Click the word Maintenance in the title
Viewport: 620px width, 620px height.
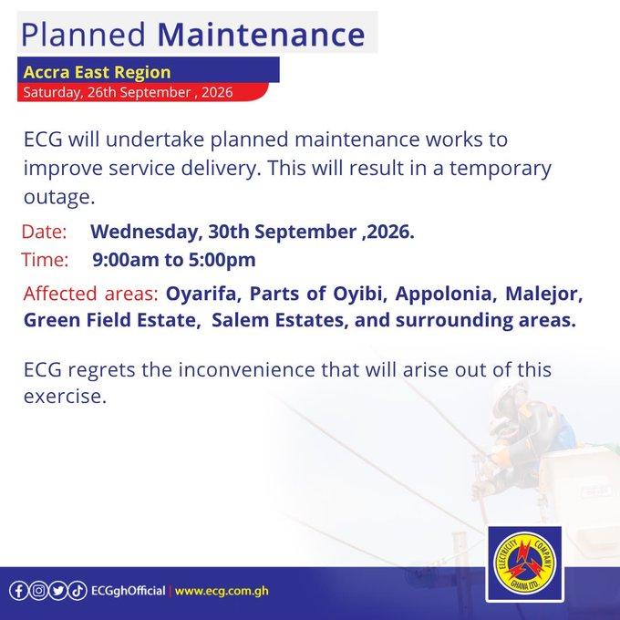(x=261, y=34)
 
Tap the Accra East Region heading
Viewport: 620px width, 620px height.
(x=97, y=72)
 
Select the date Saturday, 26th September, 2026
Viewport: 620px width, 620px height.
(x=128, y=92)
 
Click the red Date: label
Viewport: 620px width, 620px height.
(x=44, y=232)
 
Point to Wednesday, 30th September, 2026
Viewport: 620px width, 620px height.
(x=253, y=232)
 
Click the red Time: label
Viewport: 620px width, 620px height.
(x=45, y=260)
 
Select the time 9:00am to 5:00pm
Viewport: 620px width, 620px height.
(x=174, y=260)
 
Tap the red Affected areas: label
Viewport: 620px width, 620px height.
(x=90, y=294)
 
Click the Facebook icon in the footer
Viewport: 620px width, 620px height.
(x=18, y=591)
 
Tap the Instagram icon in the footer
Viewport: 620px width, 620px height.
(x=38, y=591)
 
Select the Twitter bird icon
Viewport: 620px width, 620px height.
(x=58, y=591)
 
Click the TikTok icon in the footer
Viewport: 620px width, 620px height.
(x=77, y=591)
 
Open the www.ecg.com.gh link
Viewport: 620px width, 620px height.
(x=222, y=591)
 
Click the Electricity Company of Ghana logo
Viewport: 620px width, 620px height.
(x=524, y=563)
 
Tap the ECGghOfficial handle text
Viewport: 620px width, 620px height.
(x=129, y=591)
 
